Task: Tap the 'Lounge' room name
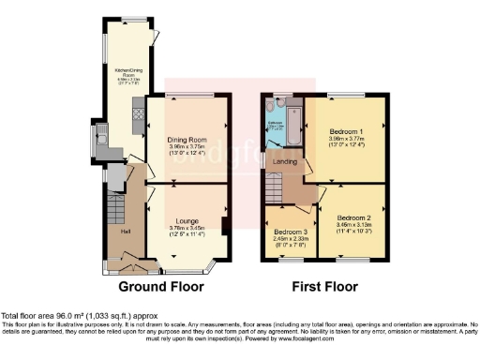(186, 220)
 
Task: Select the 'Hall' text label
(125, 230)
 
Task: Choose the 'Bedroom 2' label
(353, 217)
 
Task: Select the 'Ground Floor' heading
(157, 285)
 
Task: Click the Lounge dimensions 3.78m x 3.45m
(186, 231)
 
